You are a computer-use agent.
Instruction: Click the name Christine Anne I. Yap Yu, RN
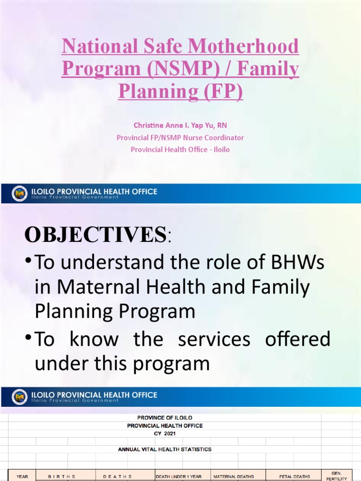click(180, 125)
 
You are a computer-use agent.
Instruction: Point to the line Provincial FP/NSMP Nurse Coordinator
click(180, 138)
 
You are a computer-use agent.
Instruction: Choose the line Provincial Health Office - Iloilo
click(180, 150)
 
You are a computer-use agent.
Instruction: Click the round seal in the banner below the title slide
click(20, 194)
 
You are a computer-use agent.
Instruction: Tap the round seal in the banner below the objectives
click(20, 397)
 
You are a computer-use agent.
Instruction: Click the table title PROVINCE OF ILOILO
click(165, 418)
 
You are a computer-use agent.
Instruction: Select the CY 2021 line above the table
click(165, 433)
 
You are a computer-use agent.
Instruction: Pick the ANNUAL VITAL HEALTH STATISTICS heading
click(165, 449)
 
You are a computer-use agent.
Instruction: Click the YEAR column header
click(22, 476)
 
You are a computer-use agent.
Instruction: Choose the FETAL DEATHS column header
click(294, 476)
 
